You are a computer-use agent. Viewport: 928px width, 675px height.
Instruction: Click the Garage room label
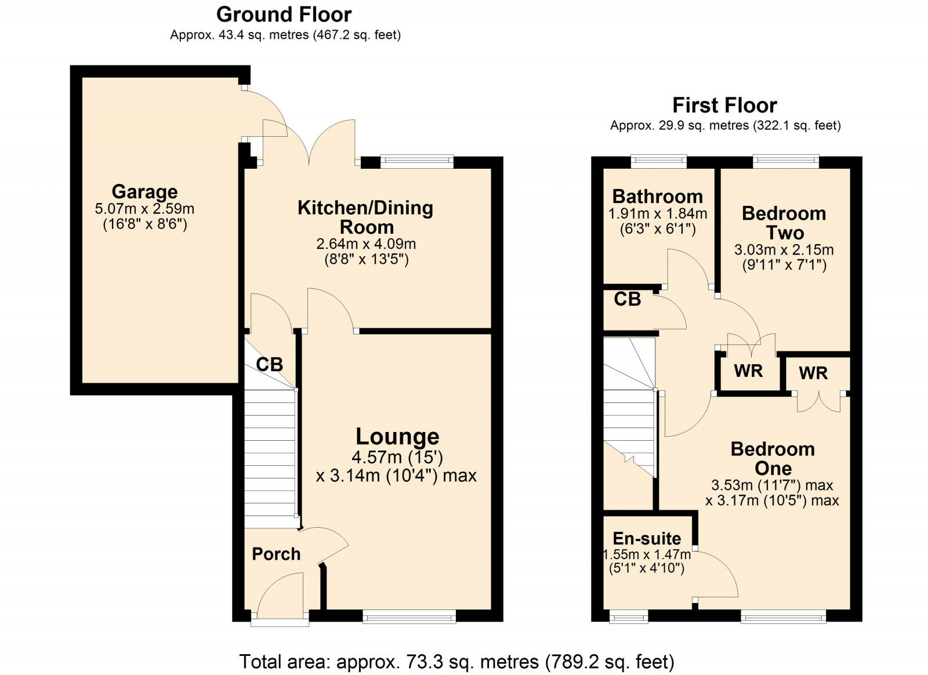144,191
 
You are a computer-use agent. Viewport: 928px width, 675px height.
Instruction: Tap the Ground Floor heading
284,14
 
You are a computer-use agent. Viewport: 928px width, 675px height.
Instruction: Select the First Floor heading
724,106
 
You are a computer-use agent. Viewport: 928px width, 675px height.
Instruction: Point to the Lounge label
397,437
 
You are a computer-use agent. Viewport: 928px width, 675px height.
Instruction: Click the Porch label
276,554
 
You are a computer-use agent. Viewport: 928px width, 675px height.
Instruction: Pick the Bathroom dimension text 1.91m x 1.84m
658,214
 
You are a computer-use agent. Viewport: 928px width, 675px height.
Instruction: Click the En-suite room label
647,539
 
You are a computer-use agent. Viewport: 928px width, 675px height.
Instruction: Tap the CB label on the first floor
627,299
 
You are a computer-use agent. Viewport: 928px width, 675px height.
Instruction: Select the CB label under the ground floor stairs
269,365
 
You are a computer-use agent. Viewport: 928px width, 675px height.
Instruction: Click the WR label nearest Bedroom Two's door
748,371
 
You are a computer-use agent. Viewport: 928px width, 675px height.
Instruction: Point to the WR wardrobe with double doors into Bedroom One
813,373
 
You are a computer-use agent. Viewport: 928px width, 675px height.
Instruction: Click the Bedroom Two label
784,223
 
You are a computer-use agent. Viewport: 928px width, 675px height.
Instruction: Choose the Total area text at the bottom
456,661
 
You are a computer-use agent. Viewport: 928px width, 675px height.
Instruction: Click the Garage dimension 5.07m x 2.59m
144,209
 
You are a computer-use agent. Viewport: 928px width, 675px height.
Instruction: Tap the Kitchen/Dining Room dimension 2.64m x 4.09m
366,244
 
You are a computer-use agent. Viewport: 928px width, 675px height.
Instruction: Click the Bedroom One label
773,459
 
